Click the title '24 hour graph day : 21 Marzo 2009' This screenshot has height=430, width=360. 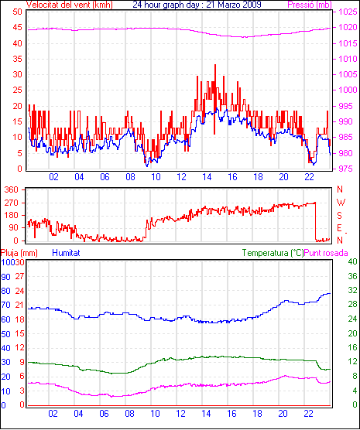point(197,5)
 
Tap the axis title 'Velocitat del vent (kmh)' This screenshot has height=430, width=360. point(70,5)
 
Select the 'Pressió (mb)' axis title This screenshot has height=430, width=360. point(310,5)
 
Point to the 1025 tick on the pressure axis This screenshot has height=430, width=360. point(348,12)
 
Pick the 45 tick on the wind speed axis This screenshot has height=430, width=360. point(17,27)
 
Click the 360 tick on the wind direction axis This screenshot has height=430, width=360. point(12,189)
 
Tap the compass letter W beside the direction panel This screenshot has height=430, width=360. point(341,203)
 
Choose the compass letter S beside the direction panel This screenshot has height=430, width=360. point(339,216)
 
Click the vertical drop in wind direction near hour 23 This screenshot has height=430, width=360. point(316,222)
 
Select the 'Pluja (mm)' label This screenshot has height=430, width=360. point(19,253)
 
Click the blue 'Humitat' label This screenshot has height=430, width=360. point(66,253)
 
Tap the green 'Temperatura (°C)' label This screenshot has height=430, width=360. point(273,253)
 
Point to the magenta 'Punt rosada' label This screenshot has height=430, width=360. point(326,253)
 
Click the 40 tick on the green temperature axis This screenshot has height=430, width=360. point(352,261)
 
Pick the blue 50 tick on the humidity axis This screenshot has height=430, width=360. point(5,334)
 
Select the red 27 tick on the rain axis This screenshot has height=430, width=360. point(20,276)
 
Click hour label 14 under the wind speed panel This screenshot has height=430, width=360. point(207,177)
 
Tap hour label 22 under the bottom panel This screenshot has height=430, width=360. point(308,414)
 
